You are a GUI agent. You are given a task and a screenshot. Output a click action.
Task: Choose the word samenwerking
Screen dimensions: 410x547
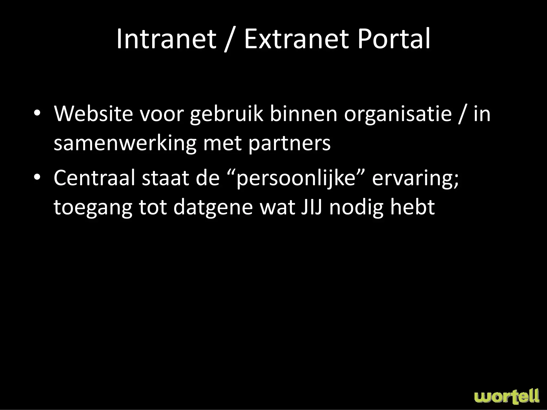click(125, 143)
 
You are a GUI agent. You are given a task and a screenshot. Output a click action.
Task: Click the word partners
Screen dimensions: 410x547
click(290, 143)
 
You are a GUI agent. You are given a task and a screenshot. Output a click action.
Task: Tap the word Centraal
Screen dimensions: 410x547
click(94, 178)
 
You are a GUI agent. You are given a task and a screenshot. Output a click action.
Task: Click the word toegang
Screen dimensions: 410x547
click(93, 208)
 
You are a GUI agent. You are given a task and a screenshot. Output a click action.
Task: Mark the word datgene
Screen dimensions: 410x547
click(213, 208)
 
